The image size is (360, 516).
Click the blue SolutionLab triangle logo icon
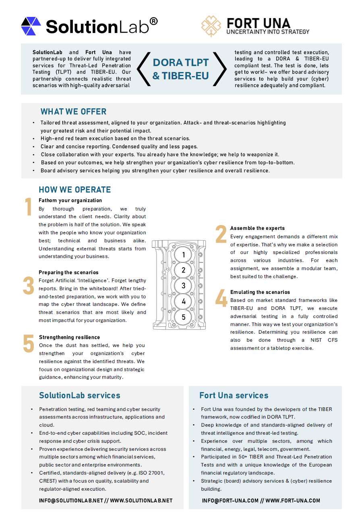[31, 26]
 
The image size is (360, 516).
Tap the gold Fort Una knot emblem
[211, 26]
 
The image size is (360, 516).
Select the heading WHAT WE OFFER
[73, 112]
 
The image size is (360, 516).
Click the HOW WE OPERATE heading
[74, 190]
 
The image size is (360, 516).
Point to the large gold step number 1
[28, 208]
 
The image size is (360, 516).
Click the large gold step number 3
[29, 285]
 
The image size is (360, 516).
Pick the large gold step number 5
[29, 344]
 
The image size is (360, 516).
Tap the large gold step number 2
[221, 234]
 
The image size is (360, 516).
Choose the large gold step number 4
[221, 299]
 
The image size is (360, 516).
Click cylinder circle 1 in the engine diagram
[184, 255]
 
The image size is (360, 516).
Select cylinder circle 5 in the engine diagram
[184, 317]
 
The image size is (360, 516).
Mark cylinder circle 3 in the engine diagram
[184, 286]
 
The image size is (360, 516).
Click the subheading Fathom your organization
[70, 200]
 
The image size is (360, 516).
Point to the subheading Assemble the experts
[257, 228]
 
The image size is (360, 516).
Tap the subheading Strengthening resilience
[69, 337]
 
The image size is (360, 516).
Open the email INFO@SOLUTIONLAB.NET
[71, 501]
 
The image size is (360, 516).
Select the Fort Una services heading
[234, 395]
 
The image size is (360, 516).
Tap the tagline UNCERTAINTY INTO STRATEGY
[268, 32]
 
